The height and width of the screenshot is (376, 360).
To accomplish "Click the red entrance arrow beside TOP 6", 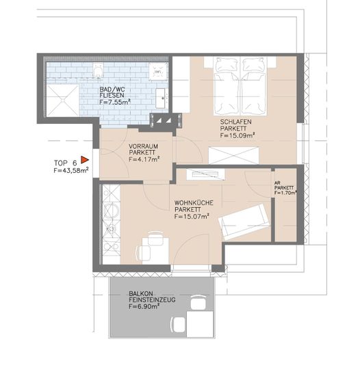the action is click(84, 159).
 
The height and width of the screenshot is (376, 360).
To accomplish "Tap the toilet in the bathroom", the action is click(98, 70).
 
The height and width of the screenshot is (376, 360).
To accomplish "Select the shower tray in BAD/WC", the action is click(63, 100).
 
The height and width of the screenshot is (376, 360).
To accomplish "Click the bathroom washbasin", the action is click(161, 98).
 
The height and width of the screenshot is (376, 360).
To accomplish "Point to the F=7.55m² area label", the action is click(115, 102).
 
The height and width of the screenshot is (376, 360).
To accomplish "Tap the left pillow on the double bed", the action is click(227, 65).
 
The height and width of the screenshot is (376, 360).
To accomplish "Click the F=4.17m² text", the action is click(144, 159).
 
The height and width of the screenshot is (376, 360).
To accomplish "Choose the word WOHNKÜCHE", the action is click(194, 203).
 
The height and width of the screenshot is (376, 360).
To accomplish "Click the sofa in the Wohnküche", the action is click(244, 221).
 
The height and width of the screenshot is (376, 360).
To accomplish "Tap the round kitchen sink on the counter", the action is click(111, 211).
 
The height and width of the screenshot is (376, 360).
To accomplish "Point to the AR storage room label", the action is click(277, 183).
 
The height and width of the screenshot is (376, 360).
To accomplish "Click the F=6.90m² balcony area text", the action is click(144, 306).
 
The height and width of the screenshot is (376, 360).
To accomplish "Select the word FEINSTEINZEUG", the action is click(152, 299).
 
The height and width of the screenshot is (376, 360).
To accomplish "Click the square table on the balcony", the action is click(200, 324).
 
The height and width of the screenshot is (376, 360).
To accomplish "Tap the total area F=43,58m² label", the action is click(71, 170).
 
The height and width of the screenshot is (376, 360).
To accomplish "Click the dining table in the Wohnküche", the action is click(155, 251).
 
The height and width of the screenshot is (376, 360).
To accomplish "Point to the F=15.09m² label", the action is click(237, 135).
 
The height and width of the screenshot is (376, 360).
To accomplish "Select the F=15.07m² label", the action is click(192, 216).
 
